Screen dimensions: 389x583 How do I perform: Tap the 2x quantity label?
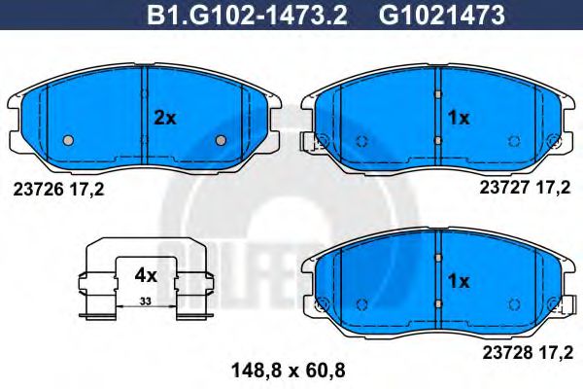[x=165, y=118]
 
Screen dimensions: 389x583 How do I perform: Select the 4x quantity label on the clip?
[x=145, y=275]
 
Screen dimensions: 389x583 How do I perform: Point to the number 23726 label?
[x=41, y=190]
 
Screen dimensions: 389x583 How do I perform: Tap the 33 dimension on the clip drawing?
[x=145, y=302]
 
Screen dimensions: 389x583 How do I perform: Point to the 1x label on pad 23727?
[x=458, y=118]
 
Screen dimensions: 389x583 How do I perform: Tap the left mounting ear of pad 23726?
[x=16, y=105]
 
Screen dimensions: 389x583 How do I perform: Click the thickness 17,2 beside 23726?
[x=86, y=190]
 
